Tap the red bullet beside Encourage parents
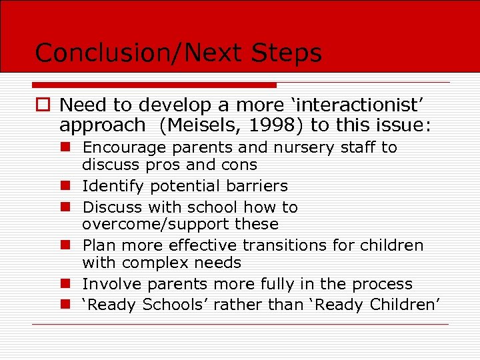tap(66, 147)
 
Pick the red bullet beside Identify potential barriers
tap(66, 186)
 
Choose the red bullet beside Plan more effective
tap(66, 245)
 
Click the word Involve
tap(111, 284)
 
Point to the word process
tap(380, 284)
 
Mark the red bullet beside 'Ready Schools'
tap(66, 305)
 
